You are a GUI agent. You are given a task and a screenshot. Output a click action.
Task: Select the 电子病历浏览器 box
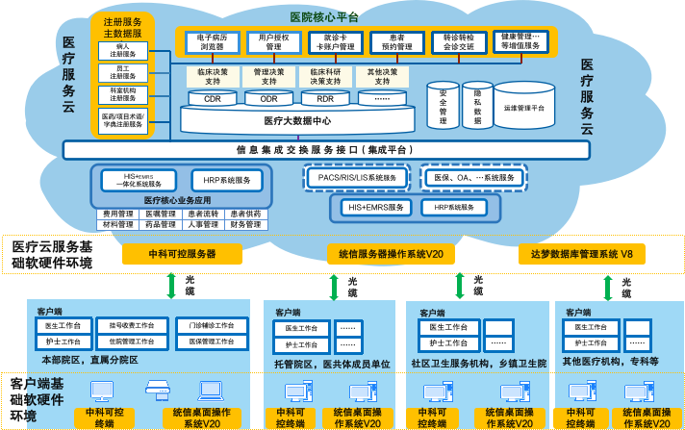[x=213, y=41]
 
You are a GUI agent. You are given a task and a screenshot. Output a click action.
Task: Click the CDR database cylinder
[x=213, y=98]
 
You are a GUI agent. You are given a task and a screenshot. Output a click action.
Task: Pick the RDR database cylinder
[x=325, y=98]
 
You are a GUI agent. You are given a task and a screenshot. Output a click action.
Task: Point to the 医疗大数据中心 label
[x=297, y=121]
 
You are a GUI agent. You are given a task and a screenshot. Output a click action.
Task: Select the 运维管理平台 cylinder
[x=524, y=109]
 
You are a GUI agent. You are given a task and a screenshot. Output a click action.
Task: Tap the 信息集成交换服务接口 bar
[x=326, y=150]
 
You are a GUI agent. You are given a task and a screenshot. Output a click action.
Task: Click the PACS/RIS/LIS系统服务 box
[x=357, y=178]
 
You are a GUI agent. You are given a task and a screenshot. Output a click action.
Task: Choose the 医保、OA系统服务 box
[x=475, y=178]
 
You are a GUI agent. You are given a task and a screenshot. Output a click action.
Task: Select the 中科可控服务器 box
[x=182, y=254]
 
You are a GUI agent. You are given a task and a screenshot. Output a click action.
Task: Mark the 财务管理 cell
[x=245, y=224]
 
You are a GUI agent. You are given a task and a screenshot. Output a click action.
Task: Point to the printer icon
[x=156, y=391]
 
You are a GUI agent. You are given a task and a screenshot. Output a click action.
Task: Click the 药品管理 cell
[x=161, y=224]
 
